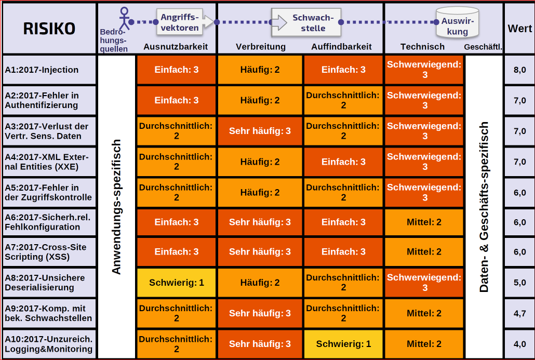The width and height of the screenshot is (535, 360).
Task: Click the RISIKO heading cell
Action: (x=49, y=29)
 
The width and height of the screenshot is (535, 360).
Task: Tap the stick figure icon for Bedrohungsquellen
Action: (x=124, y=19)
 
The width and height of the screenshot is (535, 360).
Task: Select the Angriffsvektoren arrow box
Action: (x=185, y=22)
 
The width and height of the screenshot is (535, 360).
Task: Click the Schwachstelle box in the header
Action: (x=306, y=22)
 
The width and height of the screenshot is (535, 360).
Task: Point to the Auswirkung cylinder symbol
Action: (x=457, y=22)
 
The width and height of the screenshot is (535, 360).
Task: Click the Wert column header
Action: (x=519, y=29)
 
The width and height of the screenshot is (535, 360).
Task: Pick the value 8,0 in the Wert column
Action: (x=519, y=70)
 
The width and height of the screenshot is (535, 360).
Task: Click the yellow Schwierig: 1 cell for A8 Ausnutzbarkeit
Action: (x=177, y=283)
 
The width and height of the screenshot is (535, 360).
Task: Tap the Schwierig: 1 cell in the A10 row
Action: (x=343, y=344)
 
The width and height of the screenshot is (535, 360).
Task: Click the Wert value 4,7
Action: (x=519, y=313)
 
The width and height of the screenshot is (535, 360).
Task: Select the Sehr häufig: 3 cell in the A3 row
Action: (x=260, y=131)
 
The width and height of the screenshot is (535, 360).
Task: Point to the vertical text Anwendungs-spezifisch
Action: (x=116, y=207)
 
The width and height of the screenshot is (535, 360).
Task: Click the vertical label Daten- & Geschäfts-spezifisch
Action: (x=484, y=207)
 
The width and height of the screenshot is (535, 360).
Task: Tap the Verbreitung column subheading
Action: (x=261, y=47)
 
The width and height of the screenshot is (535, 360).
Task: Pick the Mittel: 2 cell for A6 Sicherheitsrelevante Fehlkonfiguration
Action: (x=424, y=222)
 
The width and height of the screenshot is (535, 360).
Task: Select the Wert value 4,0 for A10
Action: (x=519, y=344)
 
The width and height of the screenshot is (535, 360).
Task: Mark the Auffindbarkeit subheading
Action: (x=342, y=47)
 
